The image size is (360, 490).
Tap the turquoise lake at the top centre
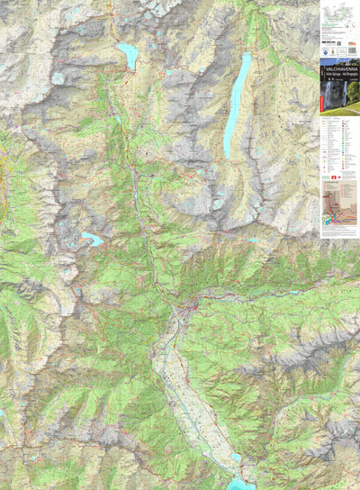coord(128,56)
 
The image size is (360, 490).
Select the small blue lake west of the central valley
coord(92,239)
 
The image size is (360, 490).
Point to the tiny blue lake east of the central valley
coord(253,240)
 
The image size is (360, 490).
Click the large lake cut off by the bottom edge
coord(241,485)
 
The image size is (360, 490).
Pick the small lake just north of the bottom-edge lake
coord(237,458)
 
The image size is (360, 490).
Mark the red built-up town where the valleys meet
coord(190,310)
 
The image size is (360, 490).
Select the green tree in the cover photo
coord(353,91)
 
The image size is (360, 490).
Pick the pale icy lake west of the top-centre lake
coord(58,78)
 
